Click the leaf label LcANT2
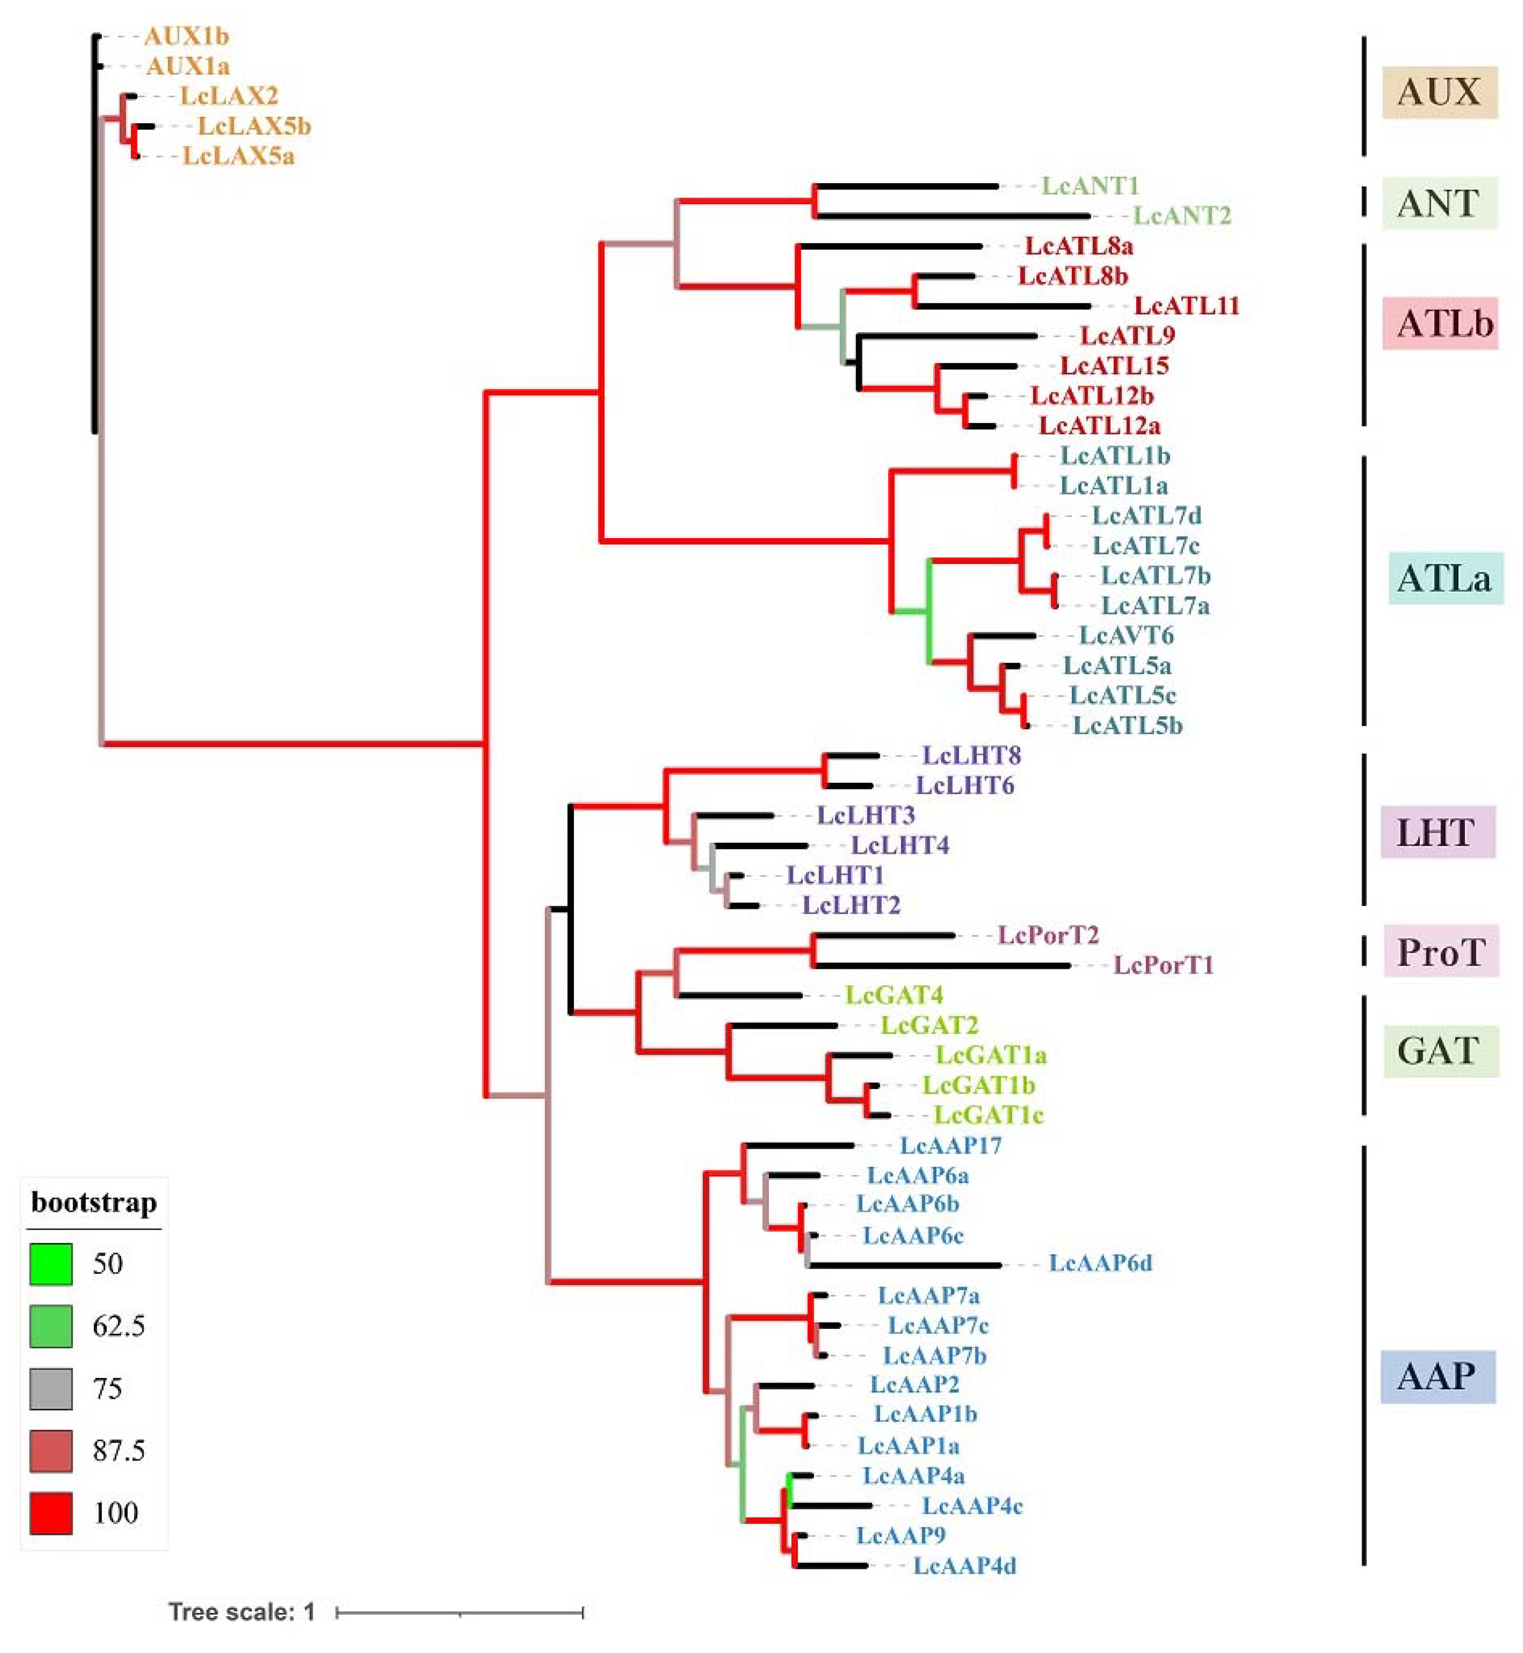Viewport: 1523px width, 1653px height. [1181, 216]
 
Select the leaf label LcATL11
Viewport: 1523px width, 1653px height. [1187, 306]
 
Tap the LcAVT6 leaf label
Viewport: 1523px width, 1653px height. [1126, 635]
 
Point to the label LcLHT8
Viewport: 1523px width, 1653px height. [971, 755]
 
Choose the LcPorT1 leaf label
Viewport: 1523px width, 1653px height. [1163, 965]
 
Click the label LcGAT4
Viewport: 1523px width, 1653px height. [894, 995]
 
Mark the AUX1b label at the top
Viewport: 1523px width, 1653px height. [186, 36]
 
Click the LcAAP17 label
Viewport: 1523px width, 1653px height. [950, 1145]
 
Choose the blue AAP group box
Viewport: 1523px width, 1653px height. [1437, 1376]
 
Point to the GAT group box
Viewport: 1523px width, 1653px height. [1439, 1051]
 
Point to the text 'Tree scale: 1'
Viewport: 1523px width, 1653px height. [241, 1612]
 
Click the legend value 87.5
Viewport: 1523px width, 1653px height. [119, 1450]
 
